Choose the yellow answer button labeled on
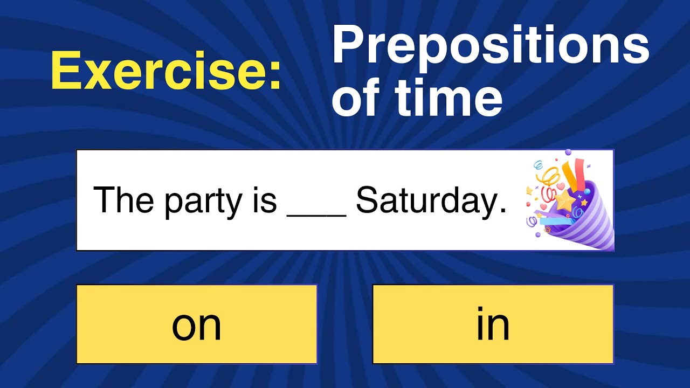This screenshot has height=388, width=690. [197, 324]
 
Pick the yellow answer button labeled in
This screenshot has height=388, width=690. [493, 324]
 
